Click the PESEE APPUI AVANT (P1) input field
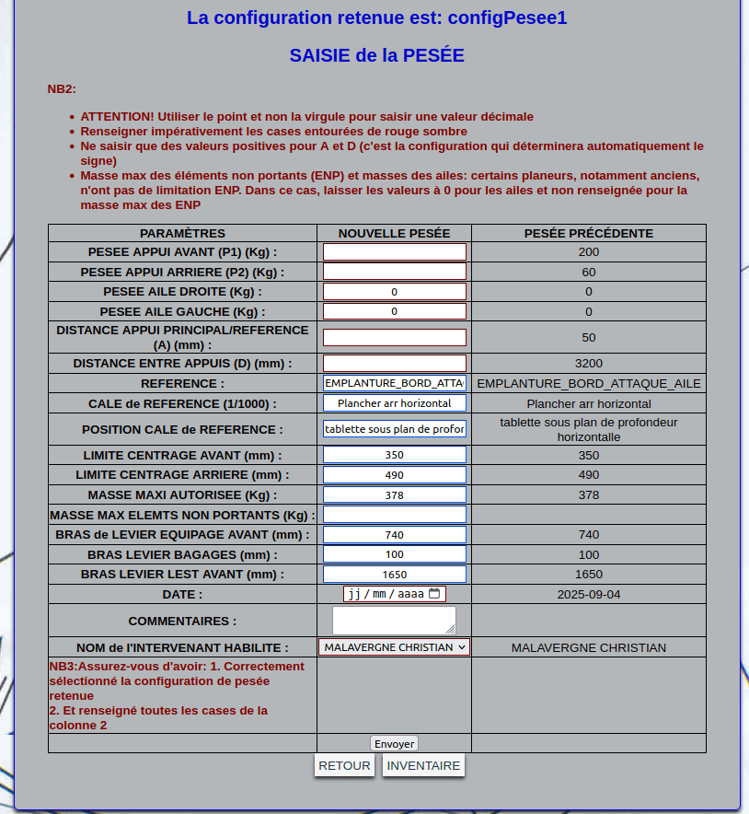(x=394, y=251)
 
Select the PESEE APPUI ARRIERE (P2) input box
(x=394, y=272)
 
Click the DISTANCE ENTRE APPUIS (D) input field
(x=394, y=364)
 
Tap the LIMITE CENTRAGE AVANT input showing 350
(x=394, y=455)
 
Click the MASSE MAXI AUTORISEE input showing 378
(x=394, y=494)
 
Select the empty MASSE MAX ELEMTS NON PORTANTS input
(x=394, y=515)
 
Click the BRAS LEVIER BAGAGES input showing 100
(x=394, y=554)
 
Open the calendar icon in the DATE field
(x=435, y=594)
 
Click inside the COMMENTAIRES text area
(x=393, y=619)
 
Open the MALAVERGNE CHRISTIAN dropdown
(x=394, y=647)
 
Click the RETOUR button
(x=344, y=765)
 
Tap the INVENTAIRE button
(x=423, y=765)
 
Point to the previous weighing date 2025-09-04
(x=589, y=594)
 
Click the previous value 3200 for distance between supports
(x=589, y=364)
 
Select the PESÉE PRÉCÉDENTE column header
(x=589, y=233)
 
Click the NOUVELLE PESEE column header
(x=394, y=233)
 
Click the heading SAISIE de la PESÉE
(x=376, y=55)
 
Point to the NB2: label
(x=62, y=89)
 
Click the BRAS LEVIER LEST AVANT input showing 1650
(x=394, y=575)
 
